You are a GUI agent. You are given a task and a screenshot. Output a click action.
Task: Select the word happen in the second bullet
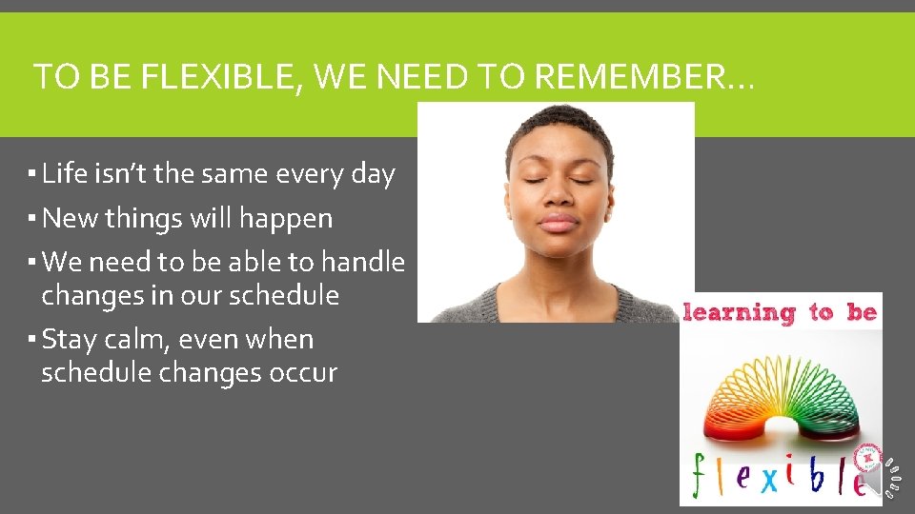coord(286,220)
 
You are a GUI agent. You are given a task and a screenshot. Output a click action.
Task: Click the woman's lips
coord(558,224)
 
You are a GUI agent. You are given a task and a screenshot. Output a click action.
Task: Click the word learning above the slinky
coord(740,312)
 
